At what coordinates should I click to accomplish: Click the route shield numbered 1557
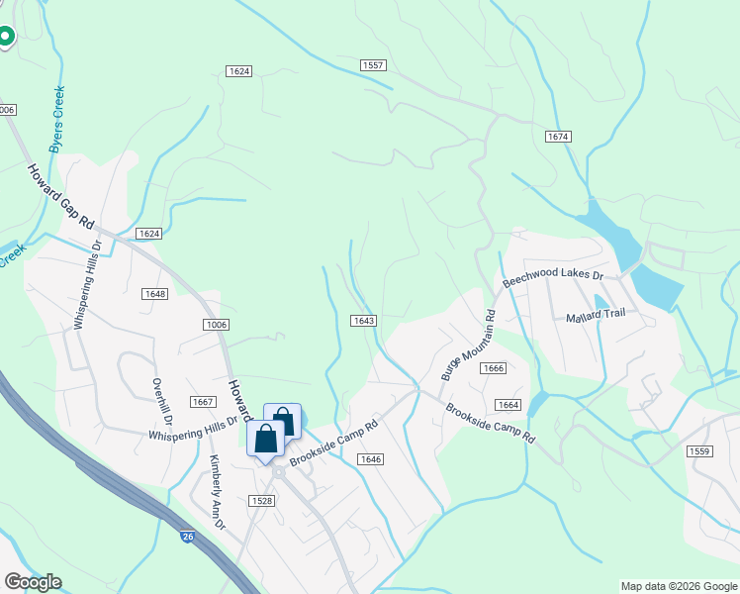[x=372, y=65]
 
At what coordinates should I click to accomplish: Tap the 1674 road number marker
[x=558, y=136]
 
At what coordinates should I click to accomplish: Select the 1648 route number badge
[x=154, y=294]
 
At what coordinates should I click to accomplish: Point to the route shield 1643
[x=363, y=320]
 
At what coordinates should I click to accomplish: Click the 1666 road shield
[x=494, y=368]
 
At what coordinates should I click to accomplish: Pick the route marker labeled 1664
[x=508, y=404]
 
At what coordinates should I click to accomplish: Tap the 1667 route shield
[x=203, y=401]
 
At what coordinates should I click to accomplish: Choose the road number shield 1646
[x=371, y=458]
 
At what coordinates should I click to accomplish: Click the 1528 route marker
[x=262, y=501]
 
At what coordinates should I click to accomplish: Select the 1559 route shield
[x=698, y=450]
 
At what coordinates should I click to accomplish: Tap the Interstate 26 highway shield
[x=187, y=536]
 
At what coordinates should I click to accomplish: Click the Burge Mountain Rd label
[x=465, y=346]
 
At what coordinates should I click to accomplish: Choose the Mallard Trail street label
[x=596, y=318]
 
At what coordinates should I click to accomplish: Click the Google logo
[x=33, y=582]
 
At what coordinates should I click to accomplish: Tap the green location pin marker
[x=5, y=37]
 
